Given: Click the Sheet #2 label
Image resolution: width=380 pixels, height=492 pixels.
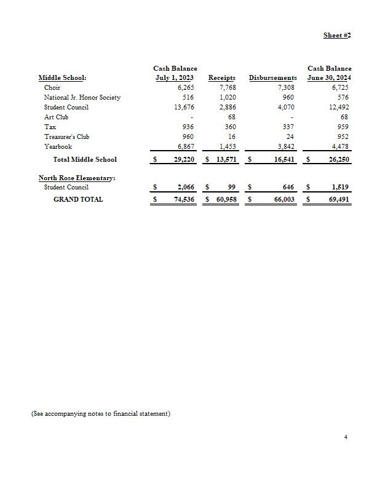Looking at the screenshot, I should (x=337, y=36).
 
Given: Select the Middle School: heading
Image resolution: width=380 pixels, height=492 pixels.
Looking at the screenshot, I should (x=62, y=78).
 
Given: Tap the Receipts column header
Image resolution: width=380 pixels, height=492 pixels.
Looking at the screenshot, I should (x=222, y=78).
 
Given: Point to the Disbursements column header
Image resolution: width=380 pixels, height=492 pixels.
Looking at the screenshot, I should (x=272, y=78).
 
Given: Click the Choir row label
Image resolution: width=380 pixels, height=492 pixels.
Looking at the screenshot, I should (x=52, y=88).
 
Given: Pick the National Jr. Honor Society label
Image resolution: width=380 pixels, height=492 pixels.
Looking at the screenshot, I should (x=82, y=98).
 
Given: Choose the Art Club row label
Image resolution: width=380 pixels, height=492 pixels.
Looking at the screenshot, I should (x=56, y=117).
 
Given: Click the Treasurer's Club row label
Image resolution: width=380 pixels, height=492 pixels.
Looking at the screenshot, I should (x=66, y=137).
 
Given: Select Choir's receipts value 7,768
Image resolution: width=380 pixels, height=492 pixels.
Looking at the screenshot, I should (x=228, y=88).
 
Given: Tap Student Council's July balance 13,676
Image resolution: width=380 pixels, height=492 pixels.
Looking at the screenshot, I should (x=184, y=107).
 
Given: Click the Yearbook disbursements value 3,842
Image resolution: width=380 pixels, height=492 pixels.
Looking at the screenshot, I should (x=285, y=146).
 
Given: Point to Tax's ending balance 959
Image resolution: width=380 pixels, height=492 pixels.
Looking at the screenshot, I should (x=344, y=127).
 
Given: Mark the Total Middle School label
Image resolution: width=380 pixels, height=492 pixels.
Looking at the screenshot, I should (x=85, y=160).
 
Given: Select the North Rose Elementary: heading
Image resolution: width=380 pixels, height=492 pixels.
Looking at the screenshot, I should (x=77, y=178).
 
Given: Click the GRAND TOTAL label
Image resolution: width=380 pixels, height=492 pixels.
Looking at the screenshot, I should (x=78, y=199).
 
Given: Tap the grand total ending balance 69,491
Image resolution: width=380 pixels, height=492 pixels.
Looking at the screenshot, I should (x=339, y=199).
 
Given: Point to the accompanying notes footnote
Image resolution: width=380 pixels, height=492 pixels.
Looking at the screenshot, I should (x=100, y=413).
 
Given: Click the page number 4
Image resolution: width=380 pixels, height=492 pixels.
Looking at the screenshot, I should (x=346, y=437).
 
